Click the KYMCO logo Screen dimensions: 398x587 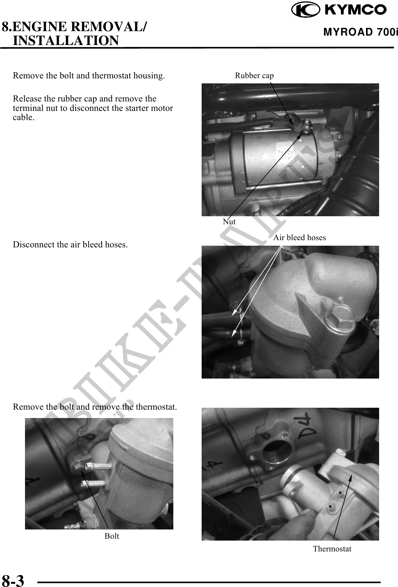pos(339,10)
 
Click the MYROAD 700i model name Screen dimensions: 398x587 pos(361,33)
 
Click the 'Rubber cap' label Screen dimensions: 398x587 pos(254,76)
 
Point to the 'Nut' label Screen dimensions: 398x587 pos(229,222)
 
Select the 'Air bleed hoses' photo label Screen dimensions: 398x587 pos(299,237)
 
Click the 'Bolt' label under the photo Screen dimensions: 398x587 pos(112,536)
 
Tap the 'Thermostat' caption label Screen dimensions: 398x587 pos(332,549)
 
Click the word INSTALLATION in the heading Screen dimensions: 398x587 pos(66,40)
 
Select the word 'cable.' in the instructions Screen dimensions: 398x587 pos(24,117)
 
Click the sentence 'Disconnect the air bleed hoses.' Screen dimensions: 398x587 pos(70,245)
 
